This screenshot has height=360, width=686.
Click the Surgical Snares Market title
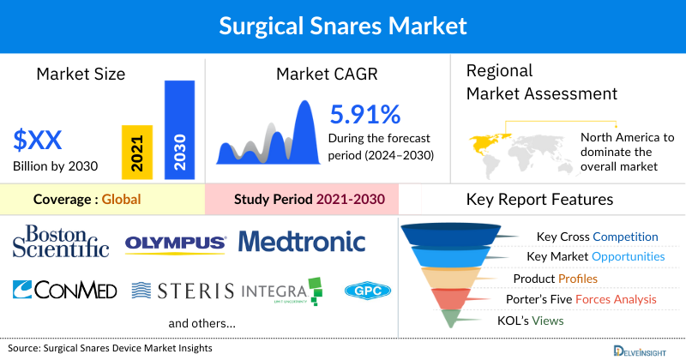(x=342, y=26)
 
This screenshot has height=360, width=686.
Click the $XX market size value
(x=37, y=141)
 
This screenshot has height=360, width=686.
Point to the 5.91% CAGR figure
(x=364, y=113)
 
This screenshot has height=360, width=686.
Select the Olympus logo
(x=175, y=243)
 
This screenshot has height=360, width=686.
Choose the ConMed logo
(x=65, y=290)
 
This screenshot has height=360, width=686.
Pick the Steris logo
(x=183, y=291)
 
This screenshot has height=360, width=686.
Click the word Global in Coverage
(x=121, y=200)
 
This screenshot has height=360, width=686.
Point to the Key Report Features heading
(x=539, y=200)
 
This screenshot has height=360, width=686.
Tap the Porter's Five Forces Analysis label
(x=585, y=299)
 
